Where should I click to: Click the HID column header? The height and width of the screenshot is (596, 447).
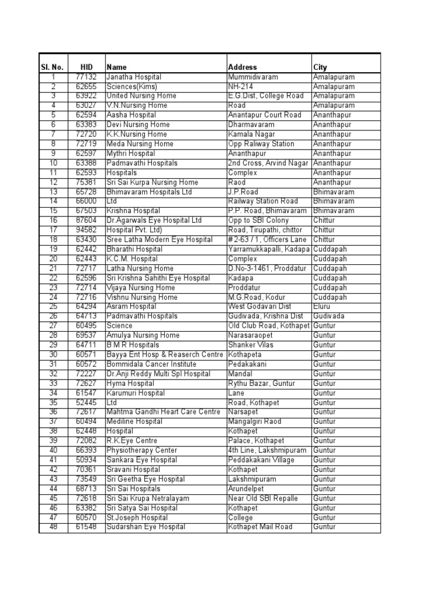point(86,67)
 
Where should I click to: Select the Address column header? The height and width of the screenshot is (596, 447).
point(243,67)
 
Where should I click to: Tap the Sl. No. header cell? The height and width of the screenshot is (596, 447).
point(52,67)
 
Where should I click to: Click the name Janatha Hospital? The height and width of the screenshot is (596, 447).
point(134,77)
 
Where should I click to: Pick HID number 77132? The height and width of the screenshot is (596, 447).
point(86,77)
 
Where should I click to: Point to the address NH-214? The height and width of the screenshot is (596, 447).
point(240,86)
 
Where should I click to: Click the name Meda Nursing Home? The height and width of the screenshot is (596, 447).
point(140,144)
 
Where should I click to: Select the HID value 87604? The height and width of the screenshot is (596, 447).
point(86,221)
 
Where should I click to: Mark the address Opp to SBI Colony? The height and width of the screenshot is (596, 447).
point(258,221)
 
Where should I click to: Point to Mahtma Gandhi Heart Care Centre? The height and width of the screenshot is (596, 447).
point(164,412)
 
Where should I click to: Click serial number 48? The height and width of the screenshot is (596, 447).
point(53,527)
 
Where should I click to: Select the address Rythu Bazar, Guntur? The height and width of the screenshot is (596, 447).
point(262,384)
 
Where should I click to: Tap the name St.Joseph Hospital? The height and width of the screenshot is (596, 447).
point(137,517)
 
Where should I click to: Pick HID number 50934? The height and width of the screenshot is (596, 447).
point(86,460)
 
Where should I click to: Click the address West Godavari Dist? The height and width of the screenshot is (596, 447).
point(258,306)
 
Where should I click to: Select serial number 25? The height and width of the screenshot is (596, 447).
point(53,306)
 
